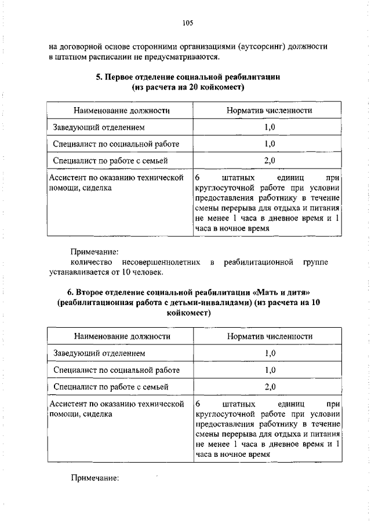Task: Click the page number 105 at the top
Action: [x=187, y=23]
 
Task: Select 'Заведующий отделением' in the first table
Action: [x=99, y=127]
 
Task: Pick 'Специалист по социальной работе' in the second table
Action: [x=117, y=369]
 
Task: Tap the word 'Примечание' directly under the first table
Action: [x=94, y=252]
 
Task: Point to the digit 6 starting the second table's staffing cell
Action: [x=198, y=404]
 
